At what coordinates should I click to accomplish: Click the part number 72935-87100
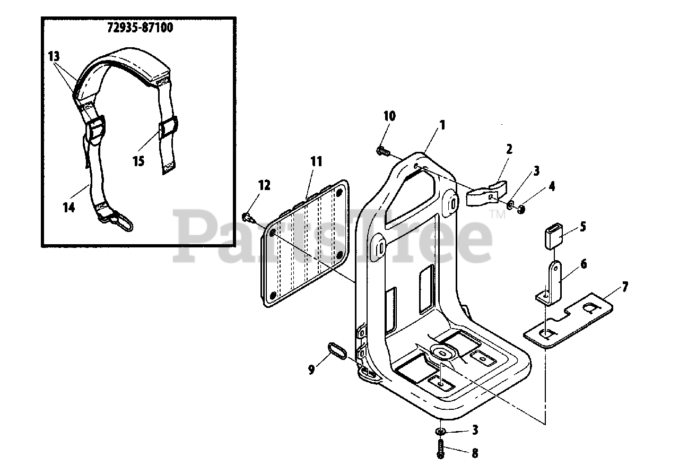(x=140, y=28)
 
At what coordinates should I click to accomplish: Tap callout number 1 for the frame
(x=441, y=125)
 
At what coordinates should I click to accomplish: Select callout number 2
(x=509, y=149)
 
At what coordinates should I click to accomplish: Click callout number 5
(x=582, y=227)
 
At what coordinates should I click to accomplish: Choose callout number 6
(x=584, y=264)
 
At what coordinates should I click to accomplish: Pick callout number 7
(x=625, y=287)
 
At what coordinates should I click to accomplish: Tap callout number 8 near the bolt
(x=474, y=453)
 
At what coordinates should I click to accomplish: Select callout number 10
(x=390, y=116)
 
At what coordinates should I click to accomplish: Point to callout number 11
(x=316, y=161)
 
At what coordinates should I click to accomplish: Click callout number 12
(x=264, y=185)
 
